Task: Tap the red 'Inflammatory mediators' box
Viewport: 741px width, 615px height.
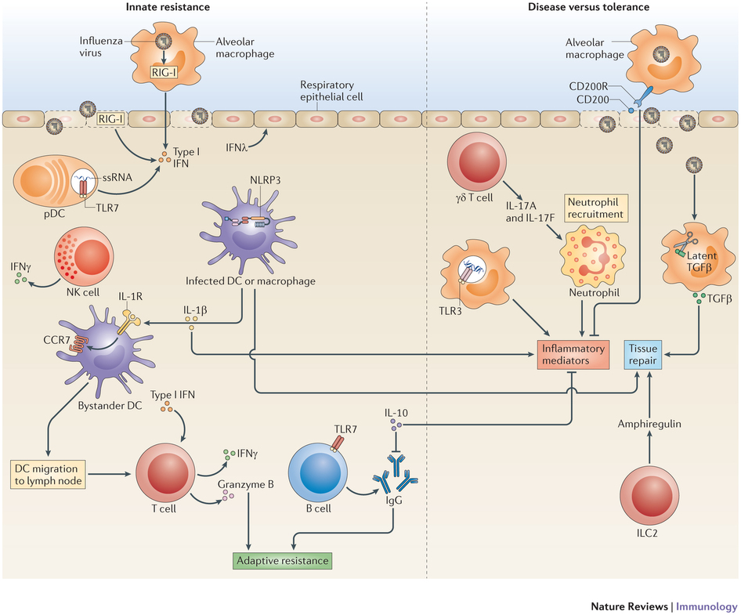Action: (x=572, y=354)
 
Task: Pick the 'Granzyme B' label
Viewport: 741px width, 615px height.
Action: (x=247, y=485)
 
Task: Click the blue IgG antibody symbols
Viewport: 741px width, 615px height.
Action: (x=396, y=480)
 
